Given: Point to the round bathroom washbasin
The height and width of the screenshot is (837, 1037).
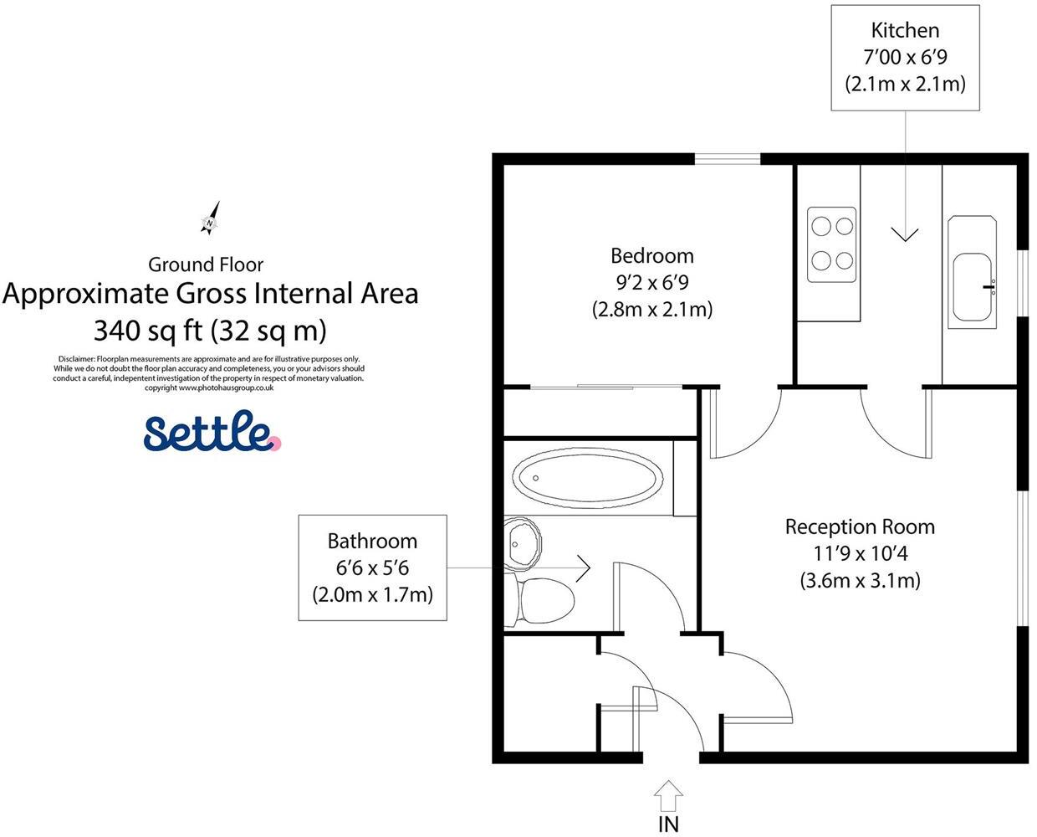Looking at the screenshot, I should tap(524, 542).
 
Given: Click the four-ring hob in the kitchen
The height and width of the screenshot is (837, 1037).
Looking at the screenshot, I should tap(831, 244).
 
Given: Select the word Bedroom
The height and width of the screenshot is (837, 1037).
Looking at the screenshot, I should tap(652, 255).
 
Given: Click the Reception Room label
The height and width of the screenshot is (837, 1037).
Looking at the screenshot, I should tap(860, 526).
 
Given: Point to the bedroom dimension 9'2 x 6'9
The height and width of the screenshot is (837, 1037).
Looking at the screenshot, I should tap(652, 282).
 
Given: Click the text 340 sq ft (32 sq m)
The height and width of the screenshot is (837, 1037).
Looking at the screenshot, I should tap(210, 330).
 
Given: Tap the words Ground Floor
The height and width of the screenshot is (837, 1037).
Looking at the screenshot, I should tap(206, 264).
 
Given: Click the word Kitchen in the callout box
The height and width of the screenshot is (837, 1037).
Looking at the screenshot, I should tap(905, 30).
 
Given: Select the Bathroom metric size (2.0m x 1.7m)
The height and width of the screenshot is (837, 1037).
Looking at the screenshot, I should tap(373, 595).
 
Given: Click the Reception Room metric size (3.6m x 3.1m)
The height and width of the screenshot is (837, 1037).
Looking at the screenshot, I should tap(860, 580).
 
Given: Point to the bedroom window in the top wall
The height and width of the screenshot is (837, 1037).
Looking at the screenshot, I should tap(728, 159).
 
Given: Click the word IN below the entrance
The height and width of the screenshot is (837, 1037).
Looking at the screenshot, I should tap(669, 824).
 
